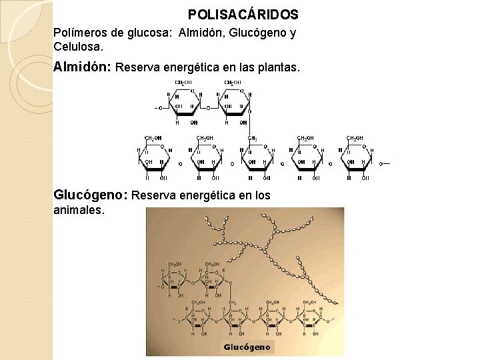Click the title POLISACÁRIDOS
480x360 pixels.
(243, 14)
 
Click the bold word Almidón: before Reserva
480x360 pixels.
(83, 67)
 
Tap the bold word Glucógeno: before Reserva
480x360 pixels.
(91, 195)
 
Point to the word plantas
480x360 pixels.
(280, 68)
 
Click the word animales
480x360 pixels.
(79, 210)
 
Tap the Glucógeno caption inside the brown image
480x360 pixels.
(247, 347)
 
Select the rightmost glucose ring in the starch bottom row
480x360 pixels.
(355, 160)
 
